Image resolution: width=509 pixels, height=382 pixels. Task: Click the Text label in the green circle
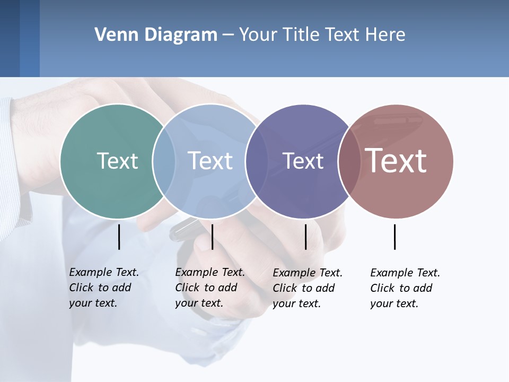117,161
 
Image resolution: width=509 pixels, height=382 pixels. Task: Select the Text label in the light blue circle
210,161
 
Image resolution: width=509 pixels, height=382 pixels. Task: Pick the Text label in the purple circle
303,161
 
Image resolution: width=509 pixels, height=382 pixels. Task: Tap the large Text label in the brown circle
396,161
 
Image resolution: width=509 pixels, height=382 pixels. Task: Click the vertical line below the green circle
119,237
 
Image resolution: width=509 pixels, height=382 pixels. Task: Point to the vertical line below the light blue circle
212,237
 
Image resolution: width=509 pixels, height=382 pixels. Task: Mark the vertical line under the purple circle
306,237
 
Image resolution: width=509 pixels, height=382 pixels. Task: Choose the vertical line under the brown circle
395,237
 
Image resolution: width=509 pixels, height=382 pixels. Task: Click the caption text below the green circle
103,288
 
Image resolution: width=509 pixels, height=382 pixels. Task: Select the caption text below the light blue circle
209,288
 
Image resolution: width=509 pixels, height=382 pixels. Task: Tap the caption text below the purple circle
307,288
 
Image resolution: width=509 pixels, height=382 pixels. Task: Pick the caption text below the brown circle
405,288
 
